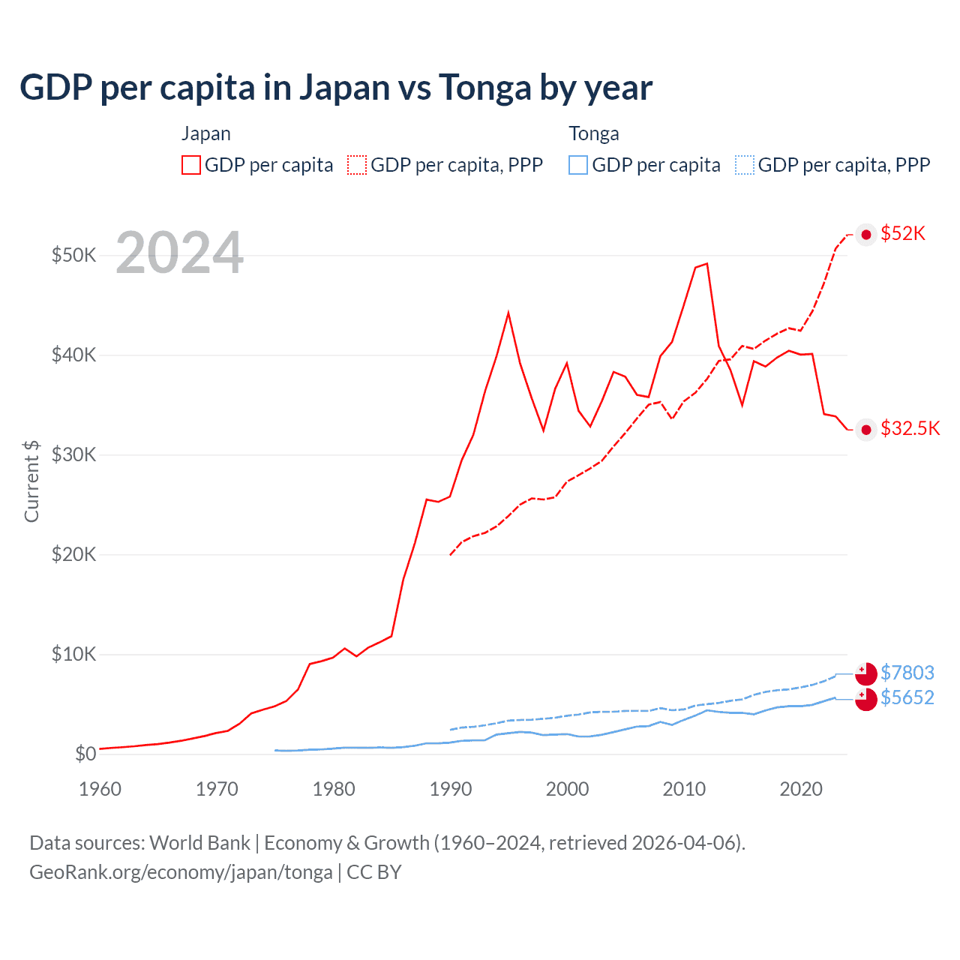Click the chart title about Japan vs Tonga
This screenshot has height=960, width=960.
(336, 88)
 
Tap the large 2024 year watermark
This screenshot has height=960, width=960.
(180, 253)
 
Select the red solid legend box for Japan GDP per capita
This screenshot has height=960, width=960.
(191, 165)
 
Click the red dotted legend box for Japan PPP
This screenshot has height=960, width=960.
(357, 165)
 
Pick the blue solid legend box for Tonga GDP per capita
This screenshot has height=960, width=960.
(578, 165)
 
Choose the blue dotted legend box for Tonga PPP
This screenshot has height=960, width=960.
(745, 165)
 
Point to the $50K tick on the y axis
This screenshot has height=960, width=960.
(74, 255)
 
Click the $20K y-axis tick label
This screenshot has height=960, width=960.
(74, 554)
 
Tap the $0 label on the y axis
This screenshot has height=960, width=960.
(85, 754)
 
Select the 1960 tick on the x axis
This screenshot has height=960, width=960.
(100, 789)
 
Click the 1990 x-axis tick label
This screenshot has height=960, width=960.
(451, 789)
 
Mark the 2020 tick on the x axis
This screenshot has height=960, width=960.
(801, 789)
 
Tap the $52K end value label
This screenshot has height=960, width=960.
(903, 234)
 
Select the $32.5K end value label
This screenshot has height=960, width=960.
(910, 428)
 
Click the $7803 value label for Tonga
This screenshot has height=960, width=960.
(907, 673)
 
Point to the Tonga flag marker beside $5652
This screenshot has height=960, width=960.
(866, 699)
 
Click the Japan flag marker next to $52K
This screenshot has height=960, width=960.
(866, 235)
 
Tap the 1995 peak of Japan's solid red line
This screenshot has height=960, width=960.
(508, 312)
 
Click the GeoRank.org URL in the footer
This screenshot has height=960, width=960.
(181, 872)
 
